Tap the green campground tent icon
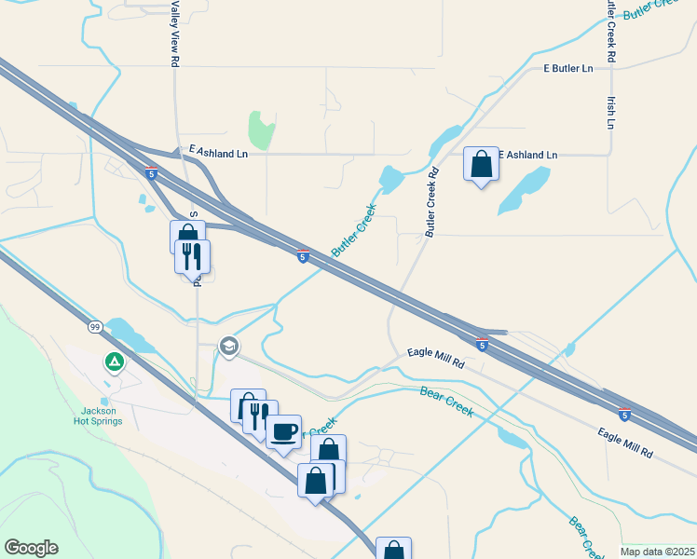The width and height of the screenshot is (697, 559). [x=114, y=361]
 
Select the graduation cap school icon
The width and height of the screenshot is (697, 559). [x=228, y=348]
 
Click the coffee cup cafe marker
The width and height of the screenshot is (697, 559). [x=284, y=431]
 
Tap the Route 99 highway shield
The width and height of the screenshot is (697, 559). [x=95, y=327]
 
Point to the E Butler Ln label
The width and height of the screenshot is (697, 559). [x=568, y=69]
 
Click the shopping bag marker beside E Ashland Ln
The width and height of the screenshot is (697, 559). [x=481, y=165]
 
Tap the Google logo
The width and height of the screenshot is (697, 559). [x=31, y=548]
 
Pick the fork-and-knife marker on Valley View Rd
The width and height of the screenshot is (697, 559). [x=193, y=256]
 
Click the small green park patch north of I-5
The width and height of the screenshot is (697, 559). [x=262, y=130]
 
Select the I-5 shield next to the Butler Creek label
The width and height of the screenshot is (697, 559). [x=303, y=256]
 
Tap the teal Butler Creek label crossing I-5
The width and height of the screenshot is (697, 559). [x=353, y=231]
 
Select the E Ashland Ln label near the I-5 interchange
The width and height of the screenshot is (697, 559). [x=219, y=150]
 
